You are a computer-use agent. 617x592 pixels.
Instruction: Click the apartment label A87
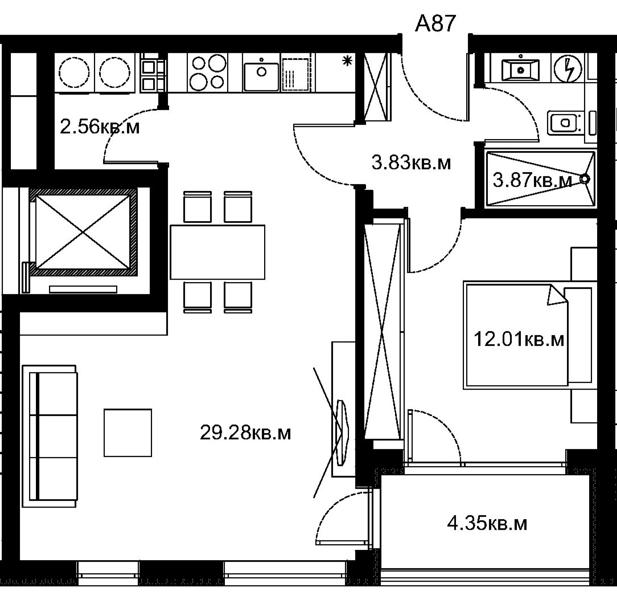(x=435, y=23)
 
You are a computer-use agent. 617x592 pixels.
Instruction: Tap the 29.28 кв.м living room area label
(x=245, y=433)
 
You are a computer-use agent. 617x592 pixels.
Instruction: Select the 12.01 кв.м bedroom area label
(x=519, y=339)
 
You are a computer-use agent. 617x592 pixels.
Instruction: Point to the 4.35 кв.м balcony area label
(x=487, y=524)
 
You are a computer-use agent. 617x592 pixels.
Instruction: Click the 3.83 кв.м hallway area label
(x=411, y=162)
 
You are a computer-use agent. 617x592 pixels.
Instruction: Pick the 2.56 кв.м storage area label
(x=100, y=127)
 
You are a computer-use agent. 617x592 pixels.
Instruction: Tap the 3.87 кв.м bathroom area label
(x=532, y=181)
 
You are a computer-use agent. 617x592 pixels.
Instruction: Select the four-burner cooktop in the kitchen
(x=207, y=72)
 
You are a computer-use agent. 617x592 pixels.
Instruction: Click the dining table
(x=217, y=252)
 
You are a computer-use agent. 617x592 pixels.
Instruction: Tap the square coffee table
(x=128, y=432)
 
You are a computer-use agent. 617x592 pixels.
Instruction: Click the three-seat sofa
(x=50, y=436)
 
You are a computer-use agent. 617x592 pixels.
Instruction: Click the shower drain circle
(x=586, y=179)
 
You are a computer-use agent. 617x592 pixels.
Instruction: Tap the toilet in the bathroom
(x=565, y=123)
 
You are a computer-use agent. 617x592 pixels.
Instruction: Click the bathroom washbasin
(x=521, y=70)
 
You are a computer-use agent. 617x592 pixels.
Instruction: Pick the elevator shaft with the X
(x=83, y=231)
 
